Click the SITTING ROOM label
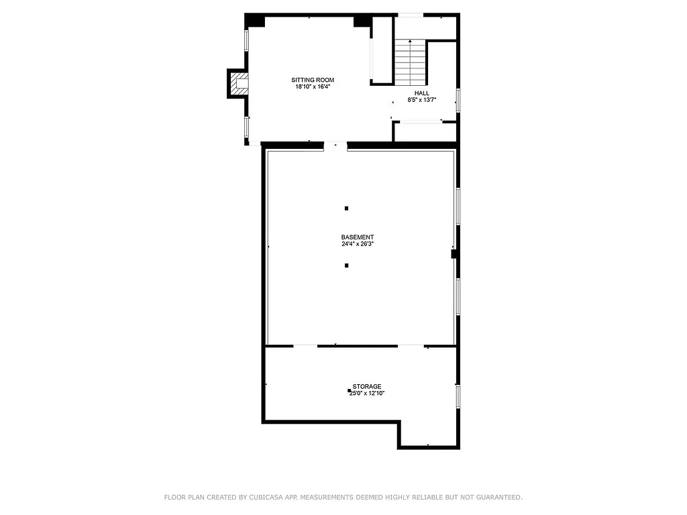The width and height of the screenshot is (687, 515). coord(313,80)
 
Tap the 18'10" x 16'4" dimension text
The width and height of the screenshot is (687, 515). coord(313,87)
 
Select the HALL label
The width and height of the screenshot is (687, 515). coord(422,93)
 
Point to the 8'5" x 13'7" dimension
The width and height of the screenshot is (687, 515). coord(422,100)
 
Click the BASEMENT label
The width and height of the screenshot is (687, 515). coord(358,237)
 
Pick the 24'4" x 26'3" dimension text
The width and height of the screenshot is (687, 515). coord(358,244)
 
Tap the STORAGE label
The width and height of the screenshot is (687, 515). coord(367,386)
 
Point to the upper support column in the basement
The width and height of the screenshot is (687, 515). coord(347,209)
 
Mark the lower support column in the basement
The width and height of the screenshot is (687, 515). coord(347,266)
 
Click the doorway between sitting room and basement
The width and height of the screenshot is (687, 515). coord(335,145)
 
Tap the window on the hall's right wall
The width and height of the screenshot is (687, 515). coord(458,99)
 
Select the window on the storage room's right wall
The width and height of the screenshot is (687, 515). coord(458,396)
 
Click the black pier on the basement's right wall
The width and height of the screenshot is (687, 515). coord(454,253)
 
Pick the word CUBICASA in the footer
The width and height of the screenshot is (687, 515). coord(266,498)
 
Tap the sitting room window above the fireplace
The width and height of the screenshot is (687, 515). coord(247,40)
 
